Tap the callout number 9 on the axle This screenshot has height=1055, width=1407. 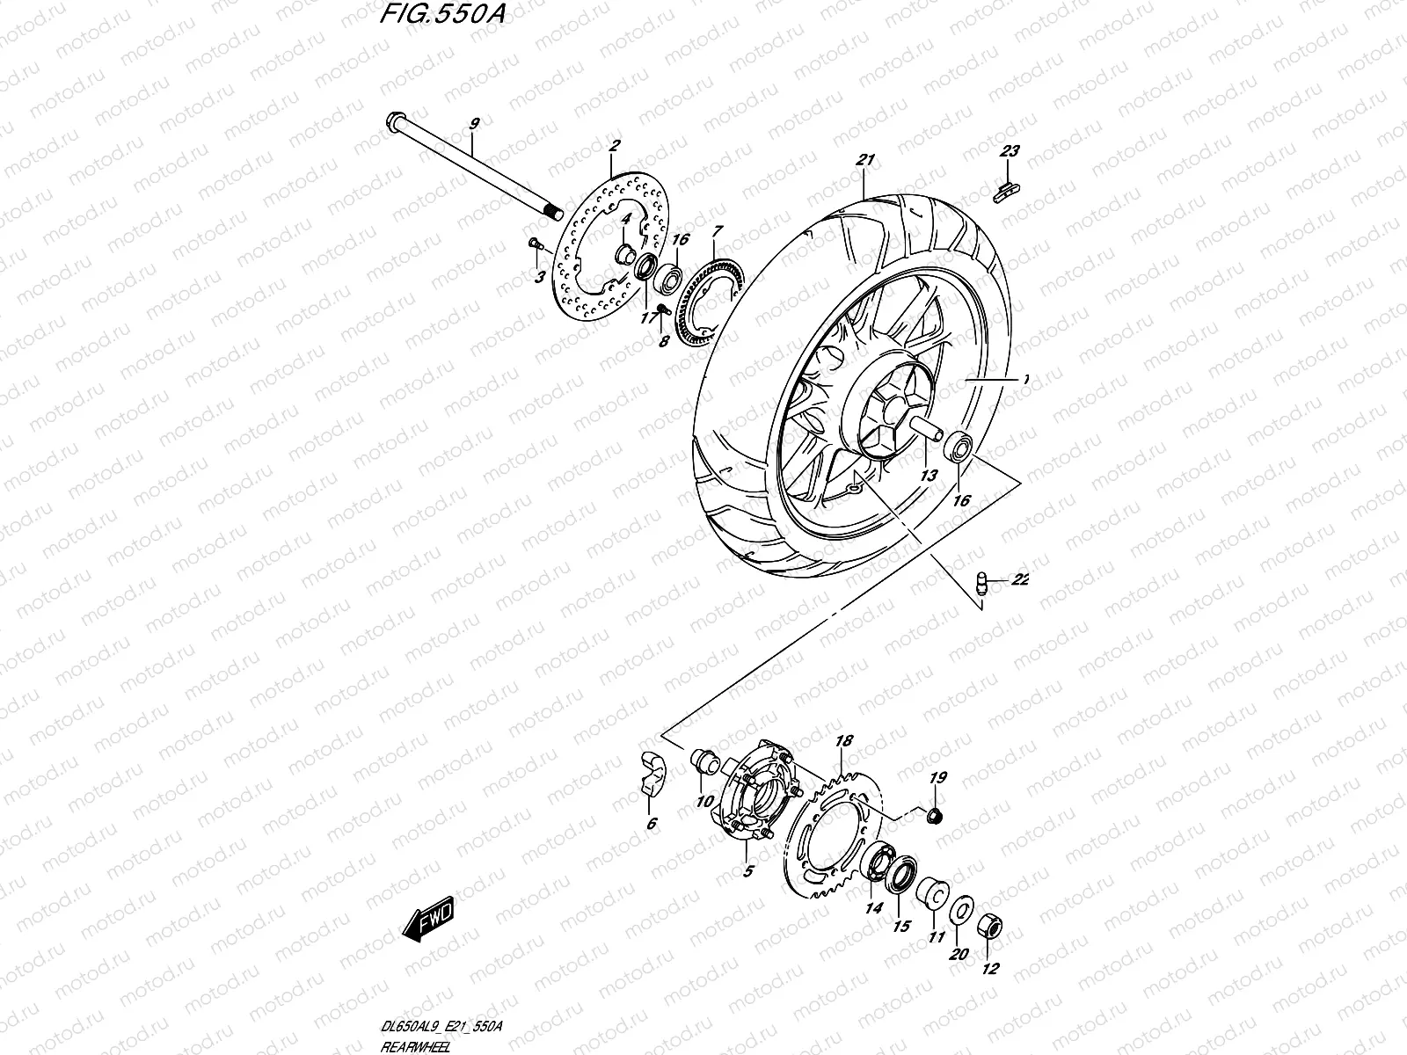tap(474, 125)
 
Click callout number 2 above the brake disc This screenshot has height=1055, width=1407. tap(615, 146)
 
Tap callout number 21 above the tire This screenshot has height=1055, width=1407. tap(865, 160)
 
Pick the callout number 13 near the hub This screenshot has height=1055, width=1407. tap(929, 476)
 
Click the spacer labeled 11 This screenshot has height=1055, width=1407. tap(934, 893)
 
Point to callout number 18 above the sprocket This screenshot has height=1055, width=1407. tap(844, 742)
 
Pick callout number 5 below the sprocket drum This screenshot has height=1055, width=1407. tap(748, 872)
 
